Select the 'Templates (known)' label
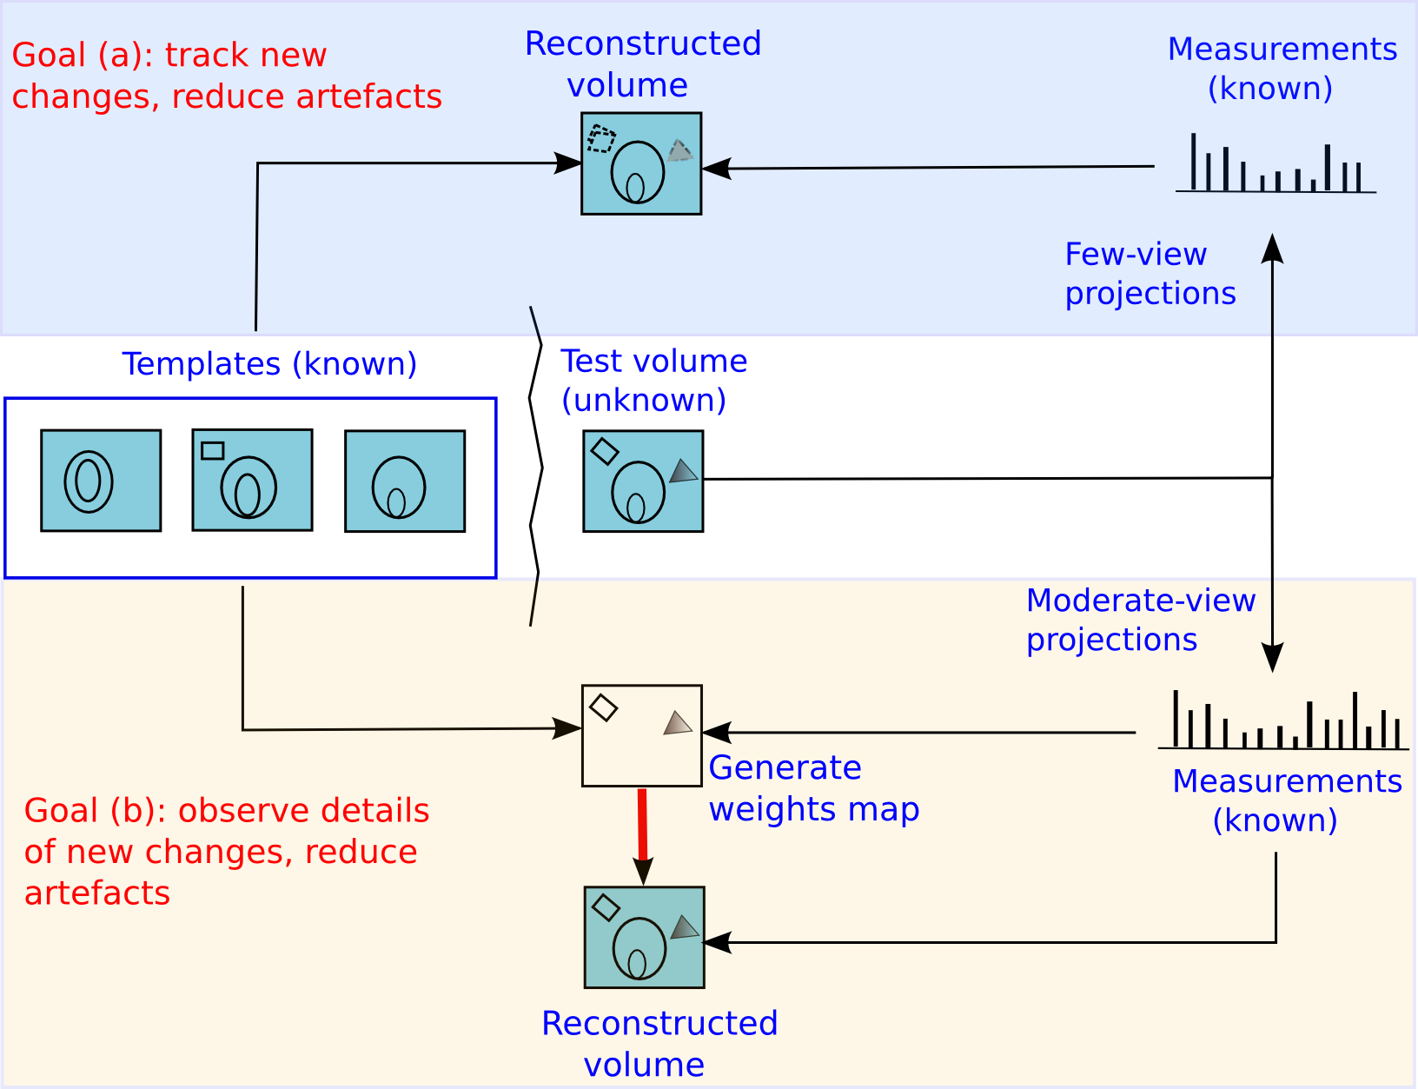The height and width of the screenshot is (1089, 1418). (269, 363)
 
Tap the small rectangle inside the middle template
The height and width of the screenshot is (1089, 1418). (213, 450)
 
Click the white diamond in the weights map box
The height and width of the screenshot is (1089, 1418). (603, 707)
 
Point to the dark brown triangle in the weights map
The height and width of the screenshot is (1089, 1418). (678, 724)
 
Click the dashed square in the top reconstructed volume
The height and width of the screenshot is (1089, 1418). (600, 139)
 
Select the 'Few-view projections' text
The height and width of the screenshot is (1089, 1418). (1150, 274)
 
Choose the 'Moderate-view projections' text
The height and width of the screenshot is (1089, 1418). (1140, 620)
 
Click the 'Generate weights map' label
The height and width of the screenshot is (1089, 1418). (812, 788)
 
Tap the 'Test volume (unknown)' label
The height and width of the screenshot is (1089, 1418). (653, 380)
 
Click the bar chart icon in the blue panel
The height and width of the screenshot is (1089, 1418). (1276, 165)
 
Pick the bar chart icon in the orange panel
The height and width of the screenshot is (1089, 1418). (1282, 721)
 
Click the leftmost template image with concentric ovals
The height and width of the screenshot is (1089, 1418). (101, 481)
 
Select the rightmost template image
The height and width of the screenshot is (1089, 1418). (405, 481)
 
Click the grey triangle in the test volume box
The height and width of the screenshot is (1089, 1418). (684, 472)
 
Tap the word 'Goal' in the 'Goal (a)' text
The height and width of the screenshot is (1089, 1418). (49, 55)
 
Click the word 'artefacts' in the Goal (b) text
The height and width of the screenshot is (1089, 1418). (97, 893)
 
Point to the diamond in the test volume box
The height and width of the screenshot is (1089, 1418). (604, 451)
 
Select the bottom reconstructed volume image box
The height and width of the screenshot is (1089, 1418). (644, 937)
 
